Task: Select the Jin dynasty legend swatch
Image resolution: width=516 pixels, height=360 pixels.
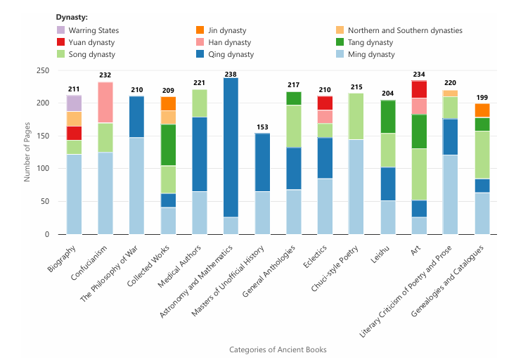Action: pyautogui.click(x=200, y=30)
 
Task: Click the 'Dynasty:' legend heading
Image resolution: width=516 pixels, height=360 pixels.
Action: pyautogui.click(x=72, y=17)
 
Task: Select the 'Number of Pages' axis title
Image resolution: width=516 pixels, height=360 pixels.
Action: pyautogui.click(x=27, y=152)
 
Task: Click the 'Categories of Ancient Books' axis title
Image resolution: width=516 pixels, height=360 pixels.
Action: pyautogui.click(x=278, y=349)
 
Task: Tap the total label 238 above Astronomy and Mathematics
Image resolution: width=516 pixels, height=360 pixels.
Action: pyautogui.click(x=231, y=74)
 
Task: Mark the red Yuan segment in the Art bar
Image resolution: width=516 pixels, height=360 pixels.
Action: pyautogui.click(x=419, y=89)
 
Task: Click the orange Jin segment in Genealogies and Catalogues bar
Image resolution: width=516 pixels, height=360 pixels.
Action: pyautogui.click(x=482, y=110)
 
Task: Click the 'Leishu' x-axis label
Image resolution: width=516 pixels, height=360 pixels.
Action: pyautogui.click(x=384, y=254)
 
